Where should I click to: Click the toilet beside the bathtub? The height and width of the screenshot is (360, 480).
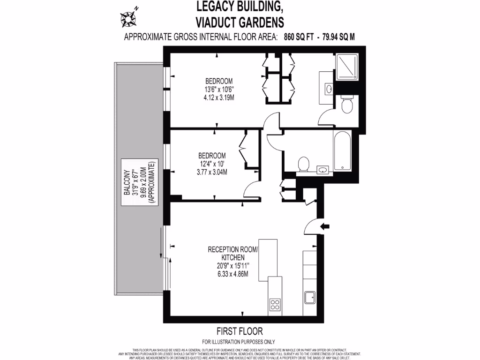(x=304, y=164)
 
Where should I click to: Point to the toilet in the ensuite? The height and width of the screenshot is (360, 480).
(x=347, y=105)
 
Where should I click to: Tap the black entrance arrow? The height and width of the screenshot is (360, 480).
(x=324, y=226)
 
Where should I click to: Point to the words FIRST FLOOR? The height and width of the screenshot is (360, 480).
(x=240, y=331)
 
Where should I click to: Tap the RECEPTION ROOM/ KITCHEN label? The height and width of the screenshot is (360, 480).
(x=232, y=254)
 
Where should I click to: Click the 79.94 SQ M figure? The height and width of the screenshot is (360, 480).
(x=338, y=37)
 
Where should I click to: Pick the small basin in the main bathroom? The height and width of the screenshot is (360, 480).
(x=323, y=169)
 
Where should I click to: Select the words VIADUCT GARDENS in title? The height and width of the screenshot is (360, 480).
(x=240, y=22)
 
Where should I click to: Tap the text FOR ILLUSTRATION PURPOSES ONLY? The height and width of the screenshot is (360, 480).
(x=239, y=342)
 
